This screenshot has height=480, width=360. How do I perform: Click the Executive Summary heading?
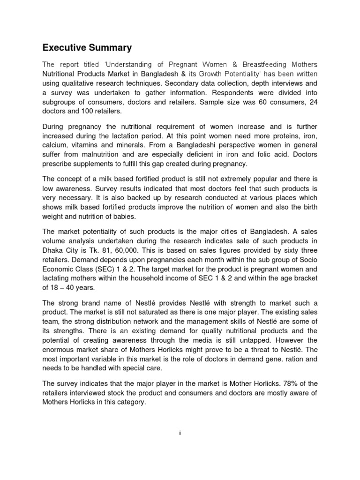pos(87,48)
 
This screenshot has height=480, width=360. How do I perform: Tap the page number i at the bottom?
pos(180,433)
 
